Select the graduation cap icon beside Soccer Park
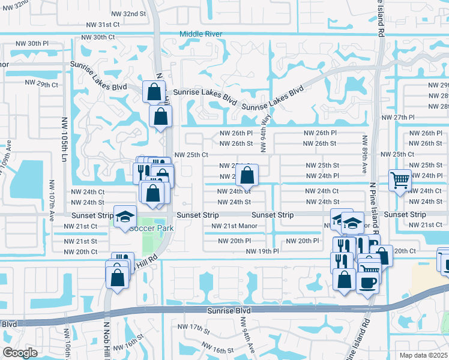pos(124,217)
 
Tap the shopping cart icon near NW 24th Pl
pos(399,179)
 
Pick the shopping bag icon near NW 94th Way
pos(247,176)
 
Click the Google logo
pos(20,353)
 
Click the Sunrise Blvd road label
pos(229,311)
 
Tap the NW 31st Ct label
pos(103,25)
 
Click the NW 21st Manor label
pos(235,226)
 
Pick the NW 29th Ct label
pos(41,85)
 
